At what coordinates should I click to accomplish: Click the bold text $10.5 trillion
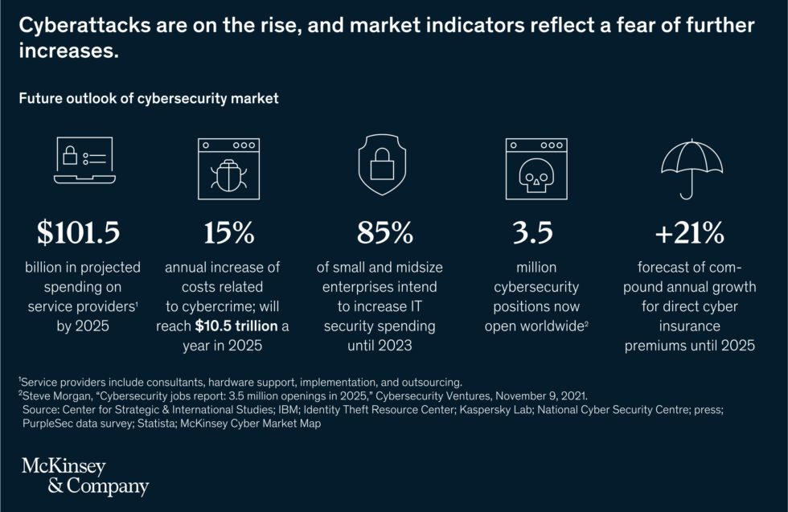pyautogui.click(x=239, y=326)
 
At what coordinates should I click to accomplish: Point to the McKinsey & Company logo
pyautogui.click(x=84, y=477)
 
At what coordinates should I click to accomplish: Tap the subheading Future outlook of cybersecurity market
pyautogui.click(x=149, y=99)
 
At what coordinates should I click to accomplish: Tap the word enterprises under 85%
pyautogui.click(x=362, y=287)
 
